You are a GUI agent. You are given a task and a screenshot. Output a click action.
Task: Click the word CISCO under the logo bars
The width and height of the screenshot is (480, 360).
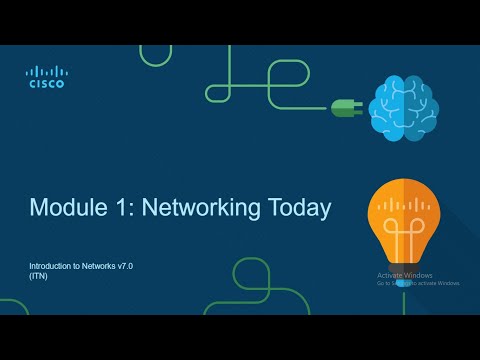click(45, 84)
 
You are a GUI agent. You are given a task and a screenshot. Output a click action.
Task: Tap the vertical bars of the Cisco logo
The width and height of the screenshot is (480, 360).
click(45, 70)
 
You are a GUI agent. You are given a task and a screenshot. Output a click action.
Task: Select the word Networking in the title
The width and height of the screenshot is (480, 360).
click(197, 208)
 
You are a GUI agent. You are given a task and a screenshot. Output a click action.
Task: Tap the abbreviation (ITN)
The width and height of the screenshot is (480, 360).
click(38, 277)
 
